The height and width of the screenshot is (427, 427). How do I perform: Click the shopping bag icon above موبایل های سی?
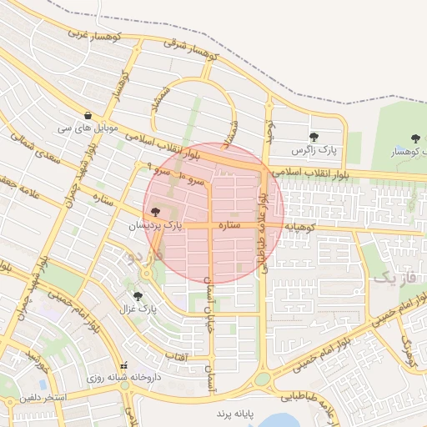coord(88,115)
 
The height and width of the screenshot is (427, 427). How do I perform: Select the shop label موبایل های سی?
coord(88,129)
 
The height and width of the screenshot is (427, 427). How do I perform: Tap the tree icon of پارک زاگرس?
coord(314,137)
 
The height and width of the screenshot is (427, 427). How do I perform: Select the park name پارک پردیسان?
coord(154,226)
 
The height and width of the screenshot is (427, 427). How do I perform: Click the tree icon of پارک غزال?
coord(138,295)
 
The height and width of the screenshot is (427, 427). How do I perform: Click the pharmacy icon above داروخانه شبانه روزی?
coord(124,364)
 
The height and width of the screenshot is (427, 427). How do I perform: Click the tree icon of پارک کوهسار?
coord(414,138)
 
